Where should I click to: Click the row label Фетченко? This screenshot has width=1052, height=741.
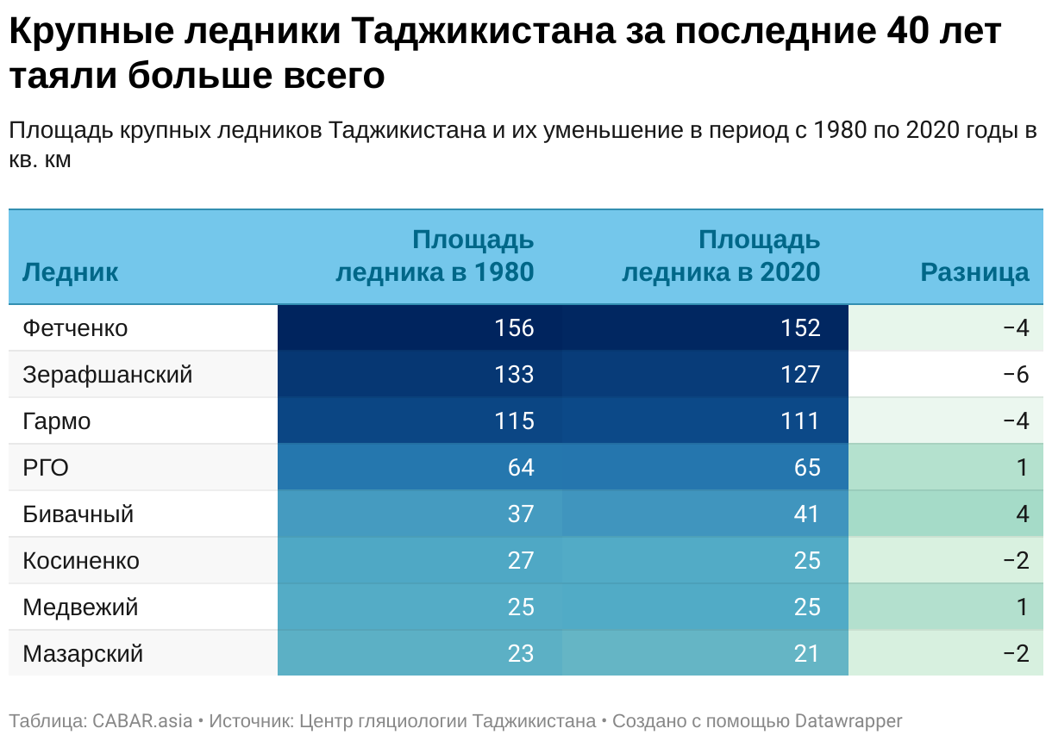[75, 328]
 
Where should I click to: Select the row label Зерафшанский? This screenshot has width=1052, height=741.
[108, 375]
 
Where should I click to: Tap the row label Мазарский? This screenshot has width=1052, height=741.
[83, 654]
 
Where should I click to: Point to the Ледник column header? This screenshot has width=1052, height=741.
[70, 272]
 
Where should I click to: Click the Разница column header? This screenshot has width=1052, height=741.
[974, 272]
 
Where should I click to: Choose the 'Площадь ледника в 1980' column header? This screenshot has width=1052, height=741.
[435, 256]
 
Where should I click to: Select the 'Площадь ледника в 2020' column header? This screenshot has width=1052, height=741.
[721, 256]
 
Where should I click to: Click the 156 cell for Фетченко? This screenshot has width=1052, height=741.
[514, 328]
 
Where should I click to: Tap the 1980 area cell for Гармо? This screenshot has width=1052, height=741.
[514, 421]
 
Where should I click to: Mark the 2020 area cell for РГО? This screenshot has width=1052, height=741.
[805, 468]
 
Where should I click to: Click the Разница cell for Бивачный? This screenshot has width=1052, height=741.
[1022, 514]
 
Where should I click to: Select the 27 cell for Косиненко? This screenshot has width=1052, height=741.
[520, 561]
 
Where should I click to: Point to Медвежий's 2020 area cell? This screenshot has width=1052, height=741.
[806, 607]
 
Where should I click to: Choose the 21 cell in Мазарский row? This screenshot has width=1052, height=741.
[806, 654]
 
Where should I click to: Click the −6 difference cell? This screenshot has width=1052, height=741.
[1016, 375]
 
